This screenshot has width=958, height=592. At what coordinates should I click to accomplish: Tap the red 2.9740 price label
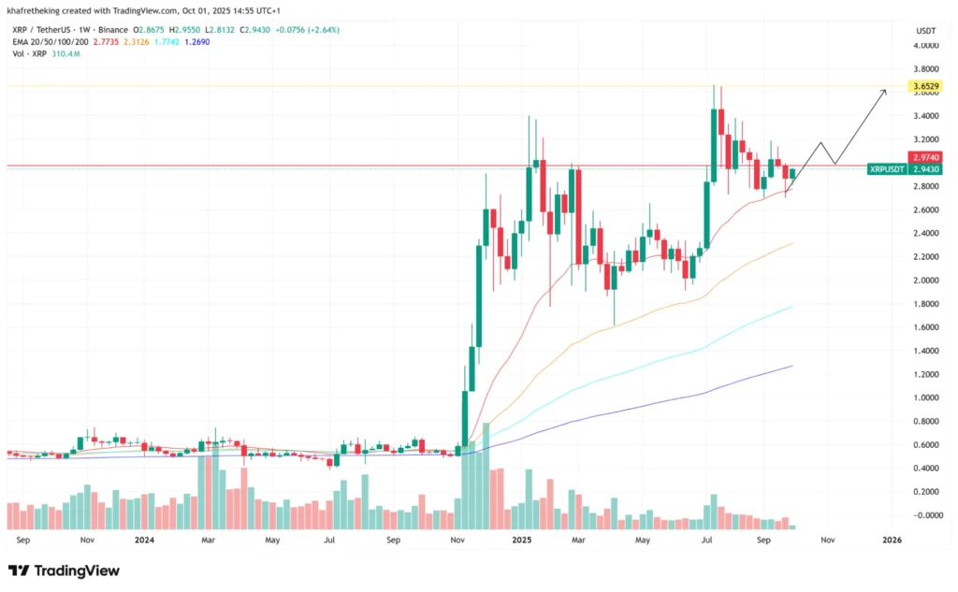[x=923, y=158]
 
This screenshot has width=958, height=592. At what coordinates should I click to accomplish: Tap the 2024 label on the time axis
[x=144, y=541]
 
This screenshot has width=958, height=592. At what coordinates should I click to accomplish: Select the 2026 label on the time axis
[x=891, y=541]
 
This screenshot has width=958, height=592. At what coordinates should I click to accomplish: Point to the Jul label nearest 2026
[x=706, y=541]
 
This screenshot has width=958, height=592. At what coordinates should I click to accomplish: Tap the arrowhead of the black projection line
[x=885, y=90]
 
